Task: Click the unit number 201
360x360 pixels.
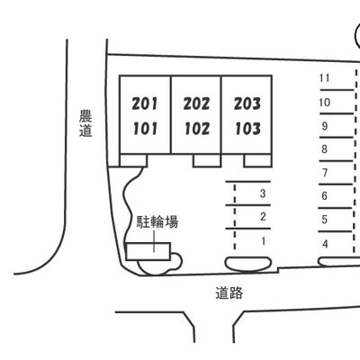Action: point(145,103)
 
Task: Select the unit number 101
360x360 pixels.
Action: point(145,129)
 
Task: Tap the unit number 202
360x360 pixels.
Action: point(196,103)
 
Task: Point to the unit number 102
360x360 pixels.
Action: point(197,129)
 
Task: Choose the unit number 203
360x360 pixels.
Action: point(247,103)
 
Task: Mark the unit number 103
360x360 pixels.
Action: point(247,129)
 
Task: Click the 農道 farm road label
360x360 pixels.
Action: point(85,123)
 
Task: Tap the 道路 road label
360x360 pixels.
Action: point(229,293)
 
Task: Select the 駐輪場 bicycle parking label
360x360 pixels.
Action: point(157,222)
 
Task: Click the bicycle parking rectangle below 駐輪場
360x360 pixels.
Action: point(148,251)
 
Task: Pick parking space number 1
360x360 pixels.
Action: point(264,241)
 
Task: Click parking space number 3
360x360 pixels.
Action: point(263,193)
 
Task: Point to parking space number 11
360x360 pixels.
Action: point(324,78)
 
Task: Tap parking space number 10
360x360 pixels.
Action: point(324,103)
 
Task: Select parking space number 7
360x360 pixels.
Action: point(325,173)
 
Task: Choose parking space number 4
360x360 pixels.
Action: point(325,244)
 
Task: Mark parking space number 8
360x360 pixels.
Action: point(324,149)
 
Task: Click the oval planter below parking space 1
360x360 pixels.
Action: point(248,264)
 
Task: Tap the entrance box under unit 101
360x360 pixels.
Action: point(133,160)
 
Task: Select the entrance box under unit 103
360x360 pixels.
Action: point(257,160)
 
